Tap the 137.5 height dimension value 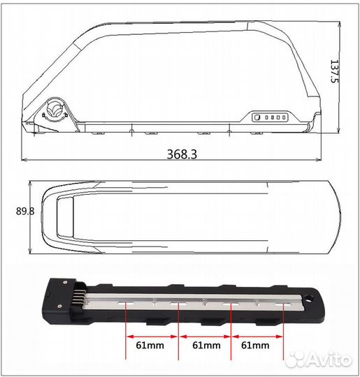click(x=345, y=71)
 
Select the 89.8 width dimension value click(x=14, y=210)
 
